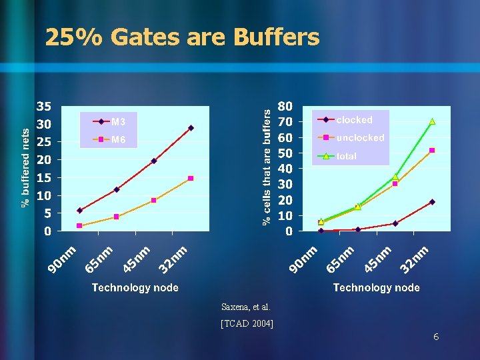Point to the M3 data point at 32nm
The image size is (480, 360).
tap(191, 128)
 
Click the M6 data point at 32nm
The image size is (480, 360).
tap(191, 179)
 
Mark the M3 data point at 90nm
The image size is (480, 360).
tap(79, 211)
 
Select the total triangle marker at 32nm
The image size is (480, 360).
tap(432, 121)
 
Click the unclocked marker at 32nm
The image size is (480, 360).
tap(432, 151)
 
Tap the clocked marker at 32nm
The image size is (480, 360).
tap(432, 202)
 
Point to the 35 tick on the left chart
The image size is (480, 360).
tap(43, 107)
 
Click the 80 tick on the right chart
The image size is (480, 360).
tap(285, 107)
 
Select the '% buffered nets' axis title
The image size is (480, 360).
tap(25, 167)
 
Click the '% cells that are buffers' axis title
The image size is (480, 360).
tap(267, 167)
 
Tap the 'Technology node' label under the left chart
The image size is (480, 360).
tap(135, 287)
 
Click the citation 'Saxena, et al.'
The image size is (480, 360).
tap(246, 307)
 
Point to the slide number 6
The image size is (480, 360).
tap(435, 337)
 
